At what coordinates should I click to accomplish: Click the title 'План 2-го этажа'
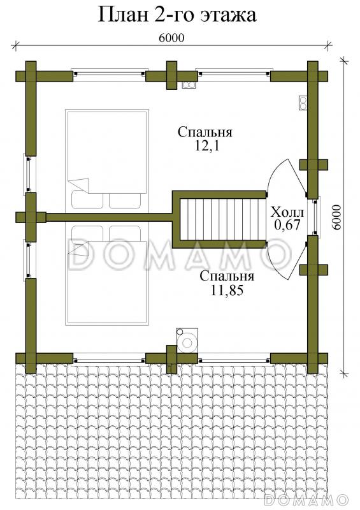point(177,15)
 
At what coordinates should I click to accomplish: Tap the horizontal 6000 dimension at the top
point(171,38)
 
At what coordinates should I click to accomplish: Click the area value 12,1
point(207,146)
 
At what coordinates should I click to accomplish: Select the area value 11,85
point(227,290)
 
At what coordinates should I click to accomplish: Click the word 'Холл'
point(287,212)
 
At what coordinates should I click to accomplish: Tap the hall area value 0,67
point(287,225)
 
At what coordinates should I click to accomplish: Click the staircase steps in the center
point(223,219)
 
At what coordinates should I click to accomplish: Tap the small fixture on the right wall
point(303,103)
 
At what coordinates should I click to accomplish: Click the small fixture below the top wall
point(189,85)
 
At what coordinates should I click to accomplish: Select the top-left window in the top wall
point(110,74)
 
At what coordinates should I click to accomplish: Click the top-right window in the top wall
point(233,74)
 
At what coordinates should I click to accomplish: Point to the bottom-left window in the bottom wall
point(110,360)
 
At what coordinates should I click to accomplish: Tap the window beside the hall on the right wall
point(315,217)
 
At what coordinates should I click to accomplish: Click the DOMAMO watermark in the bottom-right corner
point(306,500)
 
